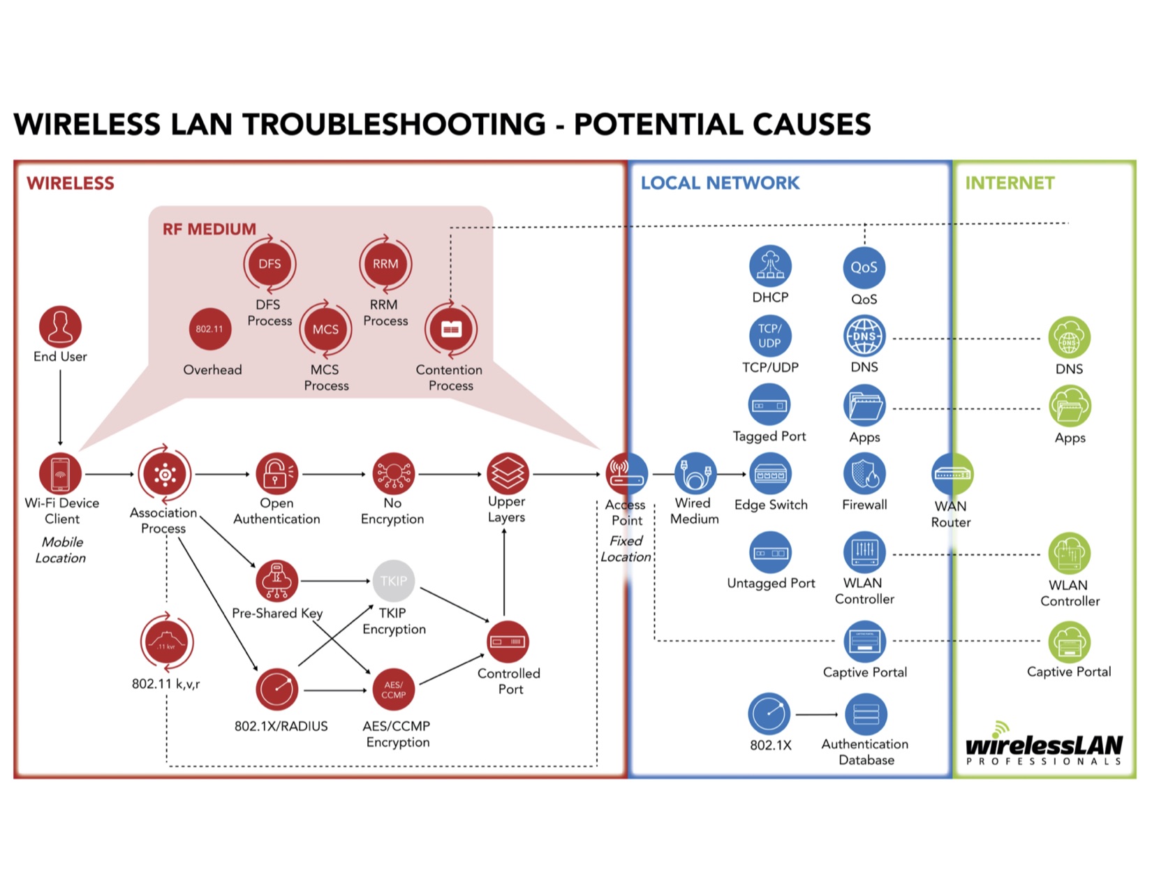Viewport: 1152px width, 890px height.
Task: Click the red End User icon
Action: click(60, 327)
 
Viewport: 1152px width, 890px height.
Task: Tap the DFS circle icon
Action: click(269, 264)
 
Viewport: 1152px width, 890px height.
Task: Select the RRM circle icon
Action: click(385, 264)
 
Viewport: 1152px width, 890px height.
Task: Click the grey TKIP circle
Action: click(393, 581)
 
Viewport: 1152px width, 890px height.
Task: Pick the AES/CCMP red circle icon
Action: click(393, 690)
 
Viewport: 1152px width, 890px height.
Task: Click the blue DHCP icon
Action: click(770, 267)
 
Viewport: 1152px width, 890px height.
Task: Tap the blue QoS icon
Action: click(864, 267)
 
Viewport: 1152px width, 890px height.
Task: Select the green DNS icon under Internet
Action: click(1069, 339)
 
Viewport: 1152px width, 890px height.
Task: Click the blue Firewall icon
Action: click(864, 474)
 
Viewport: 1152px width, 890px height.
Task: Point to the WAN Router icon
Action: click(952, 475)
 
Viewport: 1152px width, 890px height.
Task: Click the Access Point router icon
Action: click(626, 474)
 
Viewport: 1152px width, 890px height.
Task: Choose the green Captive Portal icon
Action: click(1069, 641)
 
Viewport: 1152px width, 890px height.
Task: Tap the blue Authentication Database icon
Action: click(866, 714)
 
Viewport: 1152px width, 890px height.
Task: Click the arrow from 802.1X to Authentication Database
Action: click(816, 714)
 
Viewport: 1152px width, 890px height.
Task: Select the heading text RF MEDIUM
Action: click(209, 229)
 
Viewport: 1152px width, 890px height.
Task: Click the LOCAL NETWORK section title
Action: click(720, 183)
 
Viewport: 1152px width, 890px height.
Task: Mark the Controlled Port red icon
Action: click(508, 641)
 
